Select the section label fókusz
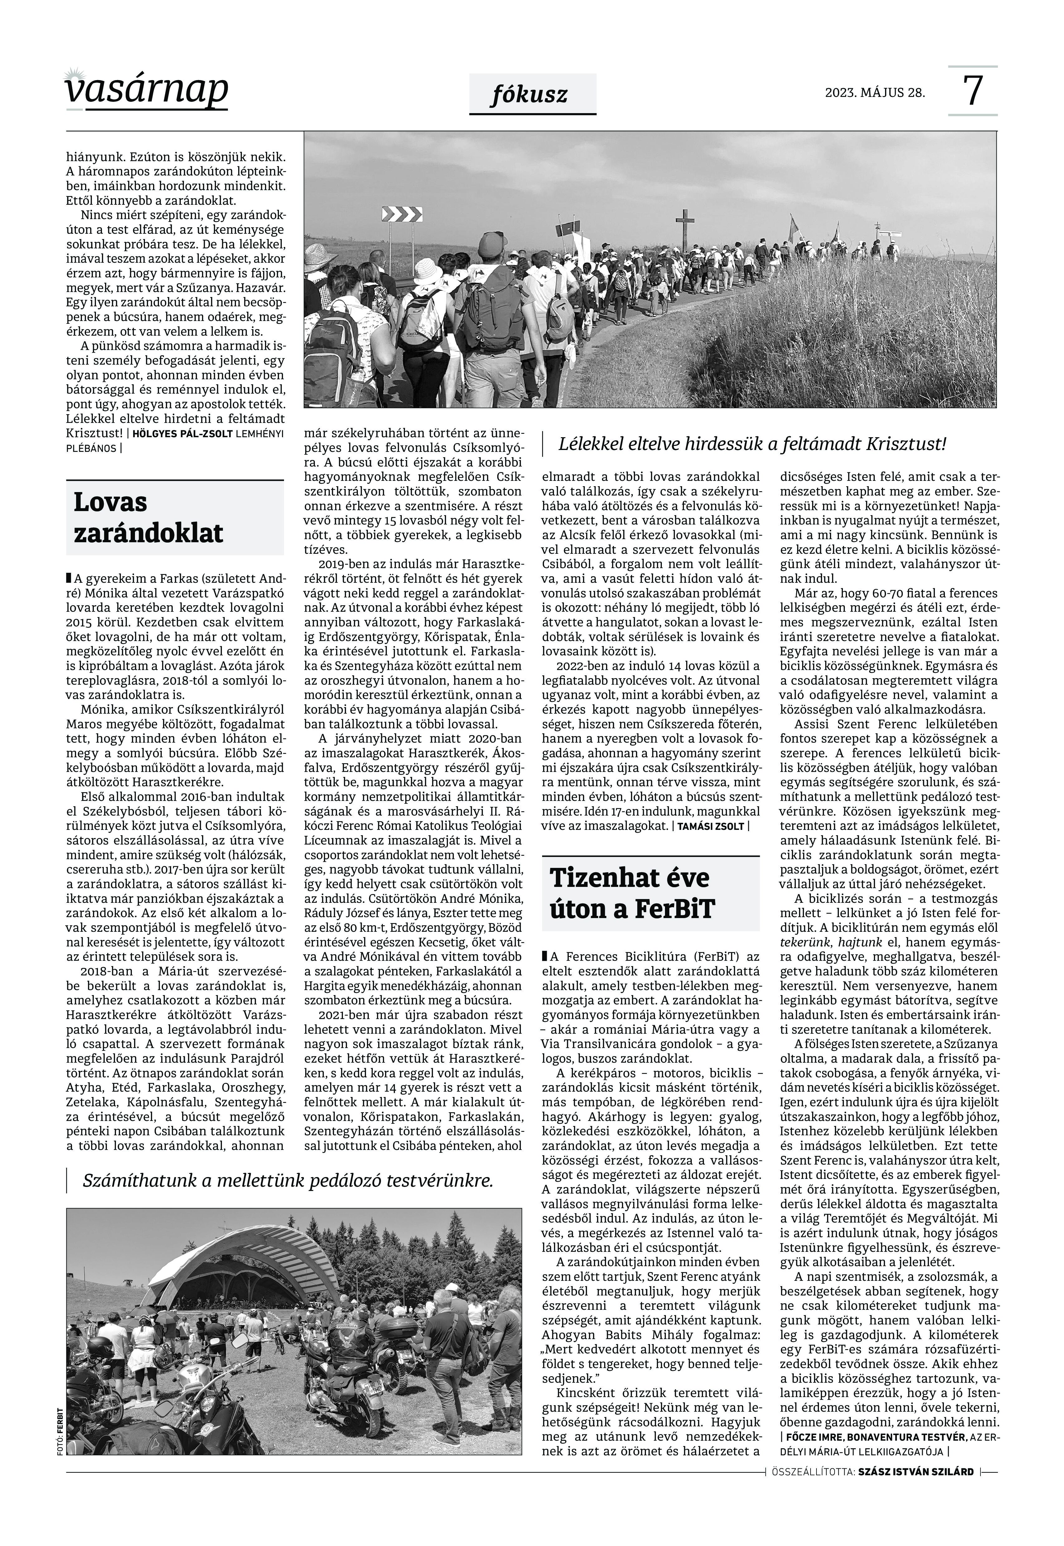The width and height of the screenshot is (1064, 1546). pos(532,95)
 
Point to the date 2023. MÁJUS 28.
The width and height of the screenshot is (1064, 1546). pos(875,93)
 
